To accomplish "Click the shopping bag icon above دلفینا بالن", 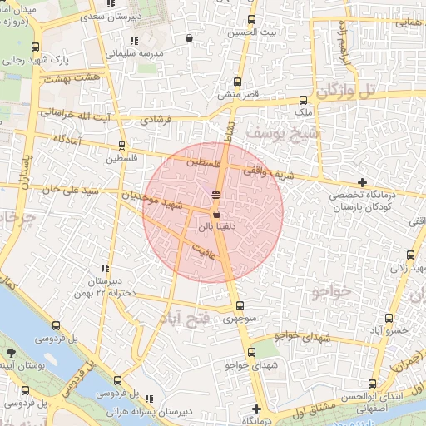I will coord(216,214).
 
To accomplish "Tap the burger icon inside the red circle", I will coord(216,194).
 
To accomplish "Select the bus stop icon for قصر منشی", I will coord(238,82).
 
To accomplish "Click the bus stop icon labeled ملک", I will coord(304,99).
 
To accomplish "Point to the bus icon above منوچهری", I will coord(240,305).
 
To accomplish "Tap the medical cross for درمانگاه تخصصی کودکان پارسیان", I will coord(361,182).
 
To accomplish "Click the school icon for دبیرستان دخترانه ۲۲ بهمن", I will coord(105,268).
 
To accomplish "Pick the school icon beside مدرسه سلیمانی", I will coord(133,41).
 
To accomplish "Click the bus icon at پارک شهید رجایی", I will coord(34,47).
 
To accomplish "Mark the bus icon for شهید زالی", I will coord(409,255).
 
